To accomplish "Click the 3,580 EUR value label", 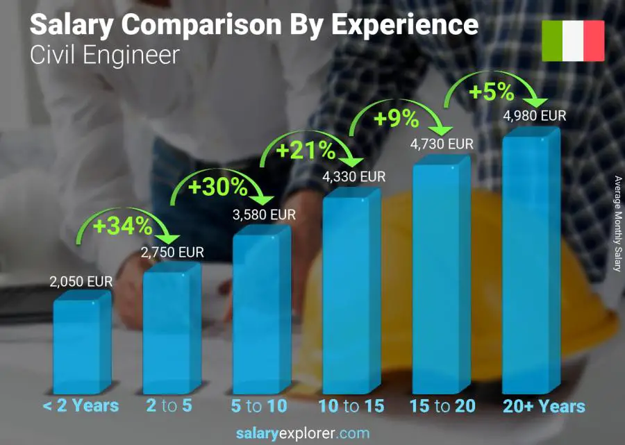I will [264, 215].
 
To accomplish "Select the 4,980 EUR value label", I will [535, 115].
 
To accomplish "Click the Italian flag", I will [573, 41].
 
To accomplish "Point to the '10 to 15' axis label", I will [351, 406].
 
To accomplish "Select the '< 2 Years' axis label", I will [81, 406].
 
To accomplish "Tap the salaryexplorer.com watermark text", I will [302, 434].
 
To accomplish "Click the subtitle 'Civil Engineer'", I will [105, 56].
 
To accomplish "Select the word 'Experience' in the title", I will [404, 25].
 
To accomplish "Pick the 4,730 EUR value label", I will [442, 144].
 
